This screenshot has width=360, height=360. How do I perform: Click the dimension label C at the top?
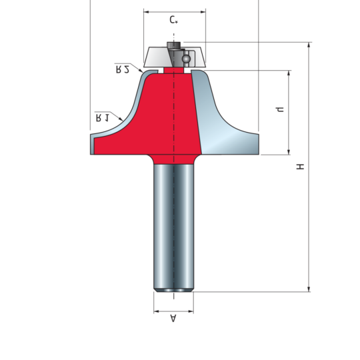pos(173,20)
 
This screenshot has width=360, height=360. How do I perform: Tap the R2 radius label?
pos(123,69)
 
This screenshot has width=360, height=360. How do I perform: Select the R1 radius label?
pos(103,118)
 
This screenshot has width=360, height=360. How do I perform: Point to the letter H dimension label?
pos(300,167)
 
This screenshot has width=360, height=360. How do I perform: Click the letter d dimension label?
pos(280,109)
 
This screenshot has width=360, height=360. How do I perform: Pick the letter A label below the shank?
pos(173,318)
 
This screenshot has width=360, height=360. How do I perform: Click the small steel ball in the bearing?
pos(186,59)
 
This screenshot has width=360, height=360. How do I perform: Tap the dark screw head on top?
pos(174,45)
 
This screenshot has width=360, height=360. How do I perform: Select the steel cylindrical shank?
pos(174,228)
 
